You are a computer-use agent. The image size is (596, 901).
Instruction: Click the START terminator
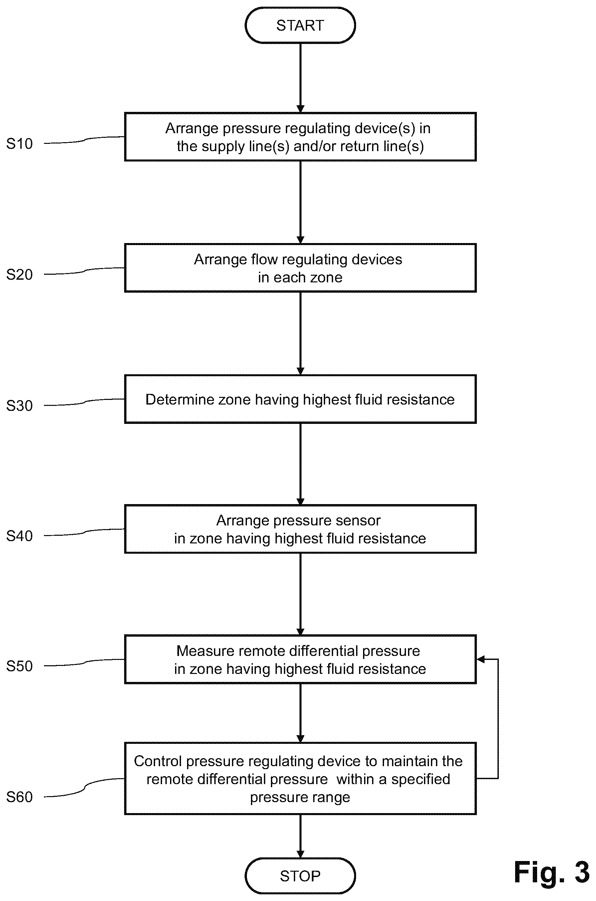(300, 25)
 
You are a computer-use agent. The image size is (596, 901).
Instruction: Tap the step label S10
(19, 144)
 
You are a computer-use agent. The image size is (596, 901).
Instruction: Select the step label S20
(19, 275)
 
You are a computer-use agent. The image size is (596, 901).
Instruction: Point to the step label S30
(19, 406)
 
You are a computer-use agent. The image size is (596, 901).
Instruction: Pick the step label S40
(19, 536)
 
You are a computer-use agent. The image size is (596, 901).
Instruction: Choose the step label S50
(19, 666)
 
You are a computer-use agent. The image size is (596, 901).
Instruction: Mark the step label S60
(19, 797)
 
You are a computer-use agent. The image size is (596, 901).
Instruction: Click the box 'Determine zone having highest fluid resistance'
(300, 399)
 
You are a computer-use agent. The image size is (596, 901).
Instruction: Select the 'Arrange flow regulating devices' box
(300, 268)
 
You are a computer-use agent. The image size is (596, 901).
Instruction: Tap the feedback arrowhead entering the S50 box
(481, 659)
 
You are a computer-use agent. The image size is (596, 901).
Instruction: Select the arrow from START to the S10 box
(300, 78)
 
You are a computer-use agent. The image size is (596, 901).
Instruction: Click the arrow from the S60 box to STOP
(300, 836)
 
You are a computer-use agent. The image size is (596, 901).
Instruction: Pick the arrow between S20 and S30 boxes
(300, 334)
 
